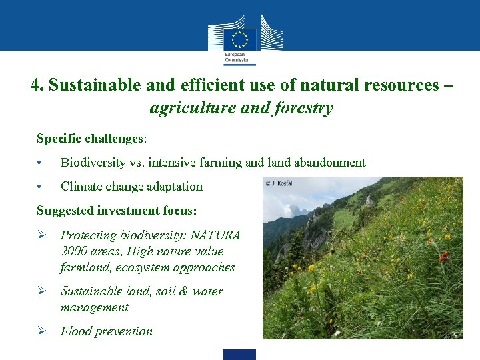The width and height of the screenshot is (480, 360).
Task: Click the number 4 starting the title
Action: pos(35,85)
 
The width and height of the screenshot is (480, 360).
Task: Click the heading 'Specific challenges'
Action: pos(90,139)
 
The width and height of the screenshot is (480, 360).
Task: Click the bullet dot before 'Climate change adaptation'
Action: pos(41,187)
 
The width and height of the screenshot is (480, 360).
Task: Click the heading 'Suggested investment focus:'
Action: pos(117,211)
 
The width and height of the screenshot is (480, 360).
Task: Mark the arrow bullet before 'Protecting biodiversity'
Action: pos(41,235)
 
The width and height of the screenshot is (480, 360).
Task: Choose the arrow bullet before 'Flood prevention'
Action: pos(41,331)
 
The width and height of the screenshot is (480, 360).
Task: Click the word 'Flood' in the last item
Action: pos(76,331)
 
